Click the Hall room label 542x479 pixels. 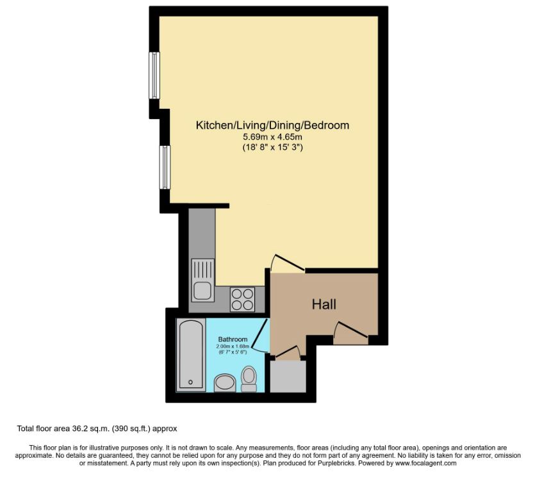point(324,304)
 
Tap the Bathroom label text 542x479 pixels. point(233,339)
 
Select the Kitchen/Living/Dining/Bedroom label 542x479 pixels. point(272,125)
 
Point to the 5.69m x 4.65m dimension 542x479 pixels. point(272,137)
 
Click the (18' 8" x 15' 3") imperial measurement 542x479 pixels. point(272,147)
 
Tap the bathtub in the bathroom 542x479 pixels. point(190,355)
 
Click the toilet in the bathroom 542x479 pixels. point(249,378)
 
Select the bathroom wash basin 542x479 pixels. point(225,384)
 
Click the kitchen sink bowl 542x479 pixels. point(202,291)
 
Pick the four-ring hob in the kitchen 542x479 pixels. point(242,299)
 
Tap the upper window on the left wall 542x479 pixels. point(154,76)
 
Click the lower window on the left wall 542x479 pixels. point(165,167)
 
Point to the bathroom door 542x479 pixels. point(260,335)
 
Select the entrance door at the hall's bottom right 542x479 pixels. point(350,329)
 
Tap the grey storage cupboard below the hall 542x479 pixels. point(288,377)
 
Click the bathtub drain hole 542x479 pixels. point(190,382)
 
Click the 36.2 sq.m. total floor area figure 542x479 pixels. point(91,428)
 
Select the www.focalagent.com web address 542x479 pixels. point(426,463)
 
